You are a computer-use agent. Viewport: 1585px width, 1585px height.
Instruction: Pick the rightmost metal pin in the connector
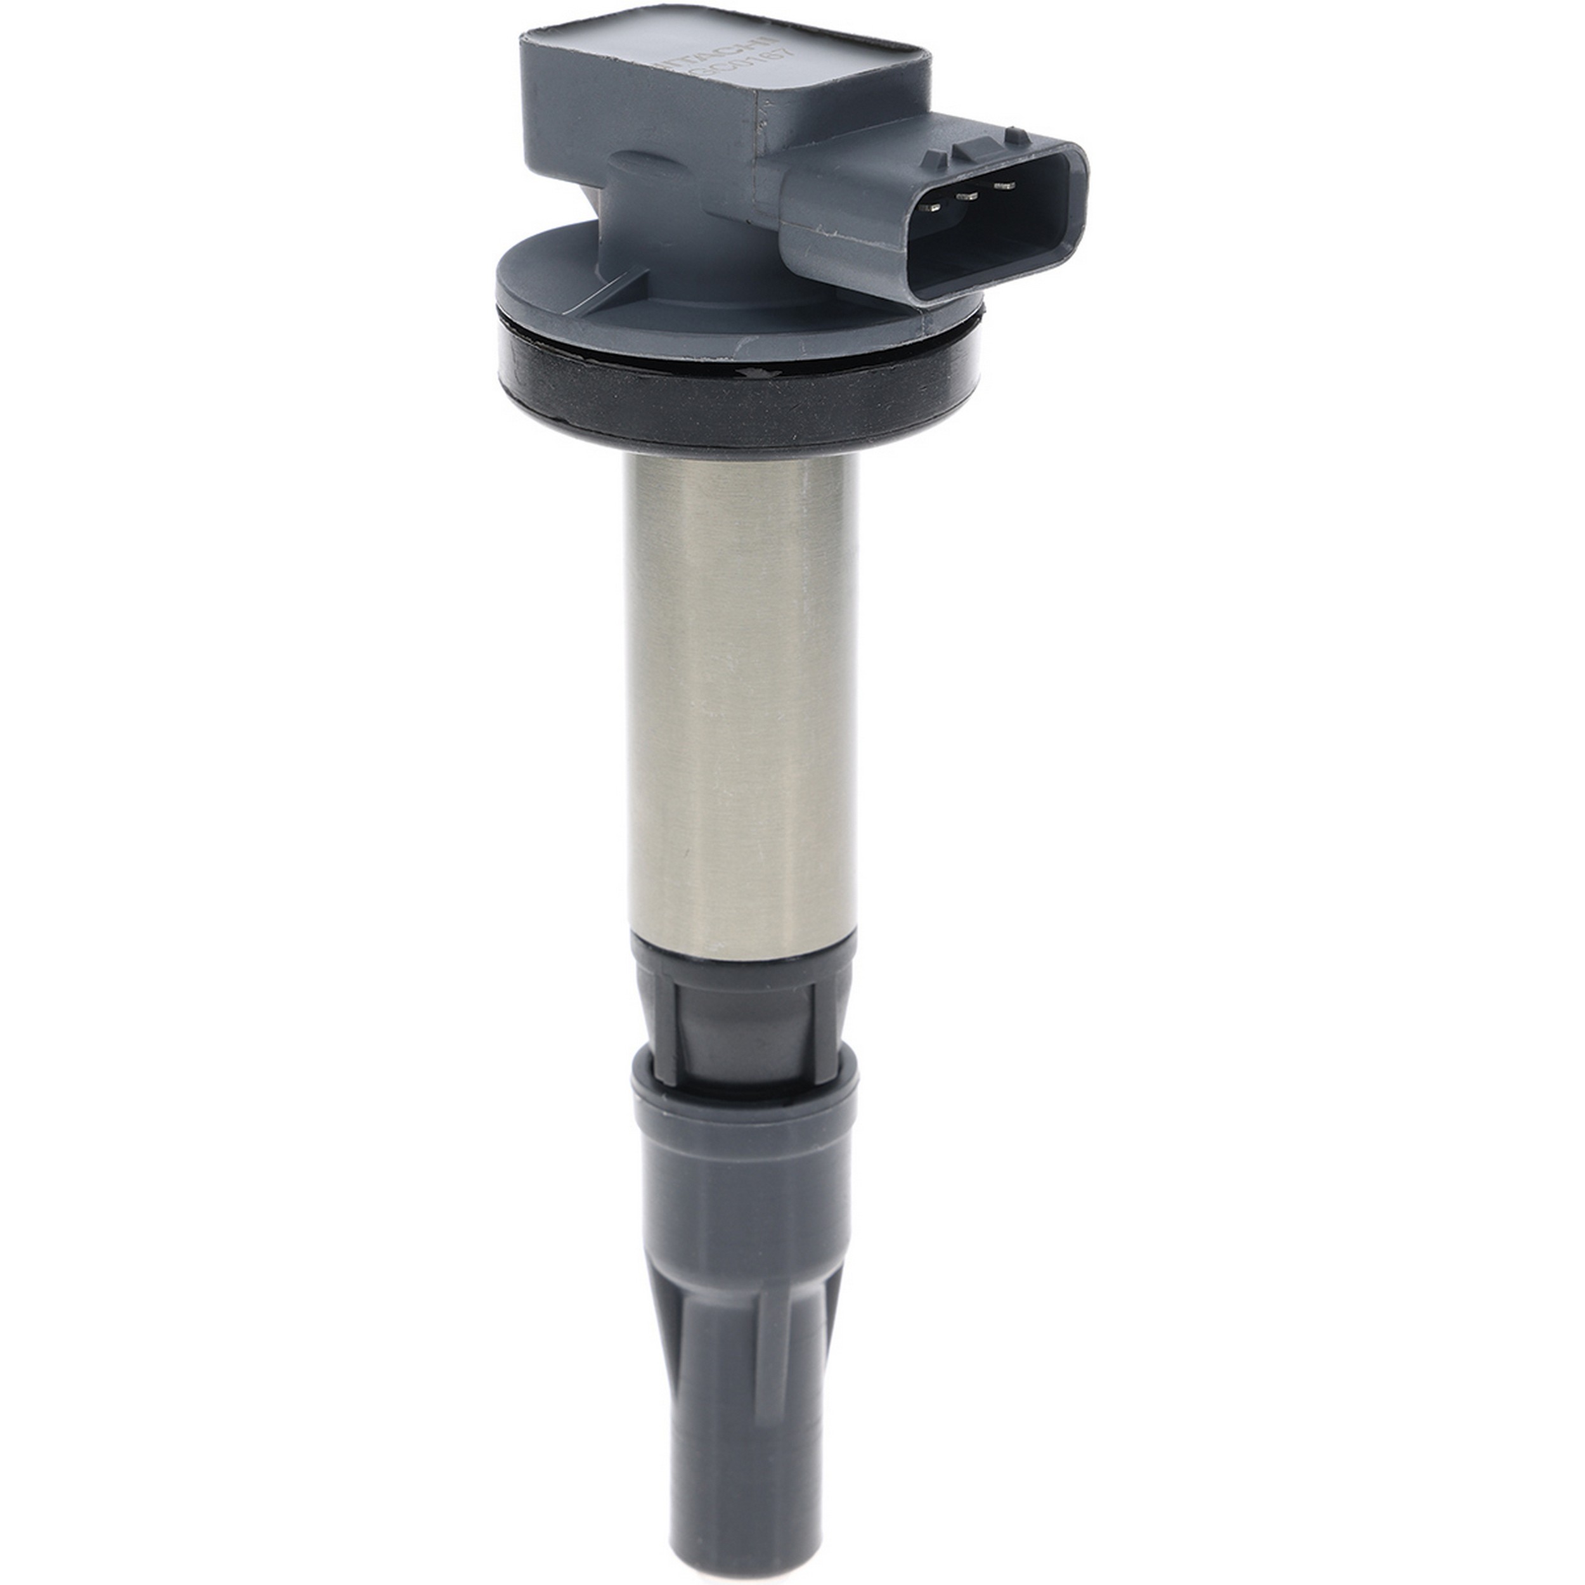[x=1002, y=187]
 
